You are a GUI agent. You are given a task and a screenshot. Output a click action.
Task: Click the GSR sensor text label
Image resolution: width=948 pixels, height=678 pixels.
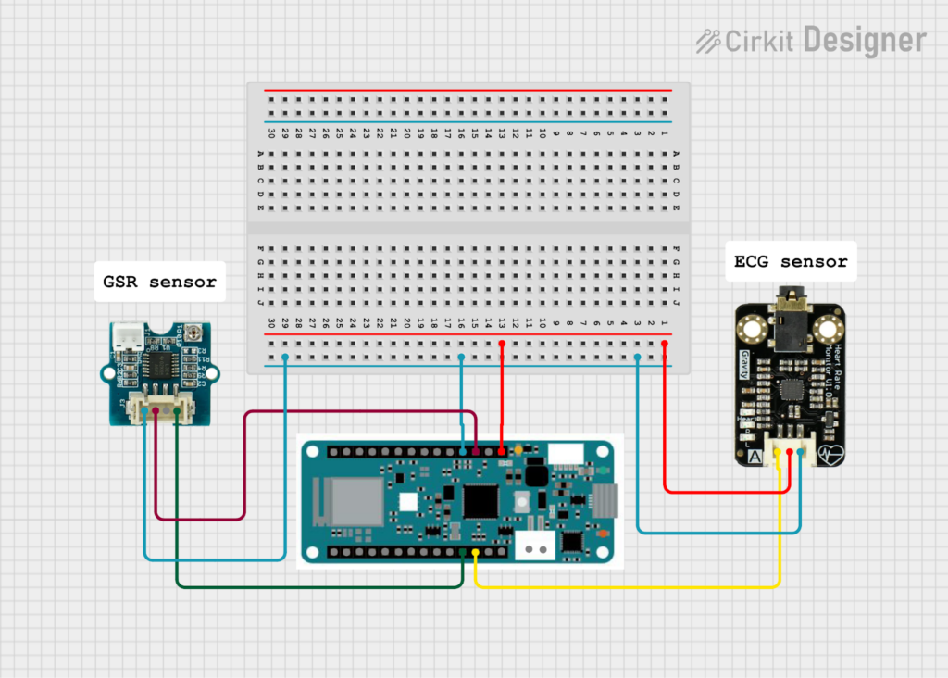159,282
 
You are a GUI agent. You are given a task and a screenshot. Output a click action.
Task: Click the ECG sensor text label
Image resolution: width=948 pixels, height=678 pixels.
790,262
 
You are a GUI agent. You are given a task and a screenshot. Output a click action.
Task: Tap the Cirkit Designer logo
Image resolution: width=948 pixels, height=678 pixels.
810,41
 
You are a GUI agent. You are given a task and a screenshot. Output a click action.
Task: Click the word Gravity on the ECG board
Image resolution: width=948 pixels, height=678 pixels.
745,369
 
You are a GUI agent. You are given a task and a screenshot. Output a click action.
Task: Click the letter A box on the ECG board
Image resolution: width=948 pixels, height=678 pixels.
755,456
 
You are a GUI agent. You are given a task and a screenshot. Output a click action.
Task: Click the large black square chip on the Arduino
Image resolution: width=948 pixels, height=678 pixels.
480,500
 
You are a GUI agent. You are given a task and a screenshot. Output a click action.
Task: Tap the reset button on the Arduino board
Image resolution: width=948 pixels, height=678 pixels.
522,500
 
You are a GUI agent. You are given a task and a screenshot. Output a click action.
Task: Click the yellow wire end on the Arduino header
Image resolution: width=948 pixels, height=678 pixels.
476,552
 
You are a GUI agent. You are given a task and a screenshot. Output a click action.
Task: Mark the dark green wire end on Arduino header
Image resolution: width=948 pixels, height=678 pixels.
462,552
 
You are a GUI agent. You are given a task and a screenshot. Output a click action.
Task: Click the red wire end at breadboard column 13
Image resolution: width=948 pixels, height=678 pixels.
502,344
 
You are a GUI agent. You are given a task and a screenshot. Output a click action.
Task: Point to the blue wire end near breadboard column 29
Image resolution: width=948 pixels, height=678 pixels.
285,357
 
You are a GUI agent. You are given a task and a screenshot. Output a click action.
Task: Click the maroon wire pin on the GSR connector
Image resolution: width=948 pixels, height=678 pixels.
156,409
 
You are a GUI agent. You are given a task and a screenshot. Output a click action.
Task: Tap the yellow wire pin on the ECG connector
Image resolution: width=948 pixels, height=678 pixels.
779,451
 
